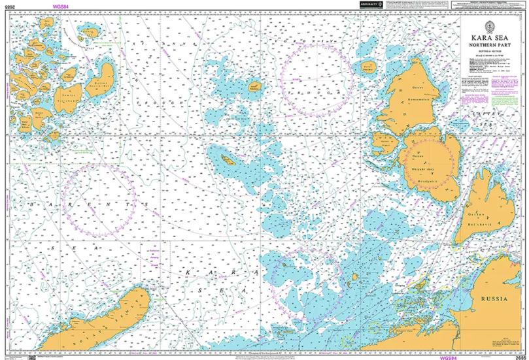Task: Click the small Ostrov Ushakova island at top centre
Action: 255,86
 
